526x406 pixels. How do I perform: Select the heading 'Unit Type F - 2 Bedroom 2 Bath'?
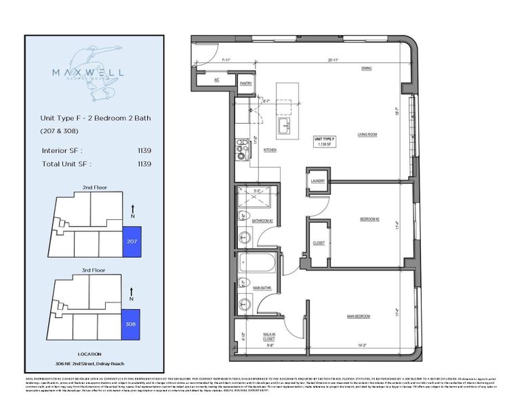coord(96,118)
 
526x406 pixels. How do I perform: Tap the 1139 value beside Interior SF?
coord(144,150)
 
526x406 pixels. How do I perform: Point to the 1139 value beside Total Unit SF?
coord(144,163)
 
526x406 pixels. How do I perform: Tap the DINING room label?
coord(367,68)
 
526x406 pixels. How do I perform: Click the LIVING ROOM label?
coord(367,135)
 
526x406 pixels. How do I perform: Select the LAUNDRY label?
coord(317,181)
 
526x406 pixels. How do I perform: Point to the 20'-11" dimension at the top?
coord(329,60)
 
